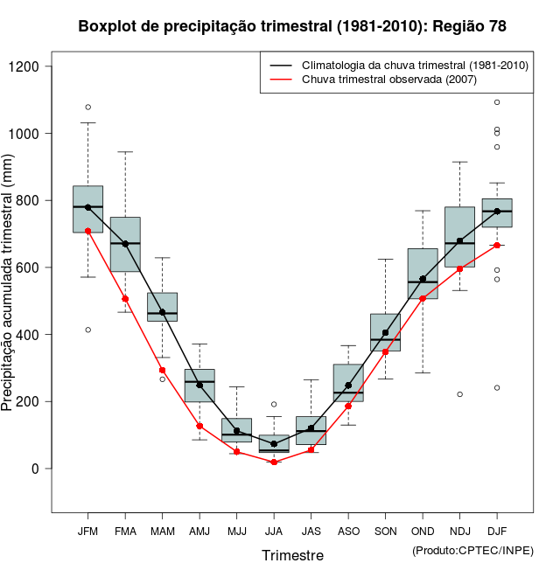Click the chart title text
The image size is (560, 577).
tap(292, 26)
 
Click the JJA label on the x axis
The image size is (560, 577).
tap(274, 531)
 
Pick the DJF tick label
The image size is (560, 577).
tap(497, 531)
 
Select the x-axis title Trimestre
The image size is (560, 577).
tap(292, 555)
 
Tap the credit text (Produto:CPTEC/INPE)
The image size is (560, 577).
tap(472, 550)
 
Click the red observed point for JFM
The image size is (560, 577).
tap(87, 231)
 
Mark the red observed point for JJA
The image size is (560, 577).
tap(274, 462)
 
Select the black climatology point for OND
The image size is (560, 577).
tap(423, 279)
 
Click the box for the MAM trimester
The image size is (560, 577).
tap(162, 307)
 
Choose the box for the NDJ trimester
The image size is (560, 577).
tap(459, 237)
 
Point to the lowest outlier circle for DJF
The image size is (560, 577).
tap(497, 387)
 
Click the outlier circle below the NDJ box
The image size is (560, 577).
tap(459, 394)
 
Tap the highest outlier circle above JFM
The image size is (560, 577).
tap(87, 107)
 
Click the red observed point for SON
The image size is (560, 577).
tap(385, 351)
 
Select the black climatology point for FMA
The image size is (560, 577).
tap(125, 244)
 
